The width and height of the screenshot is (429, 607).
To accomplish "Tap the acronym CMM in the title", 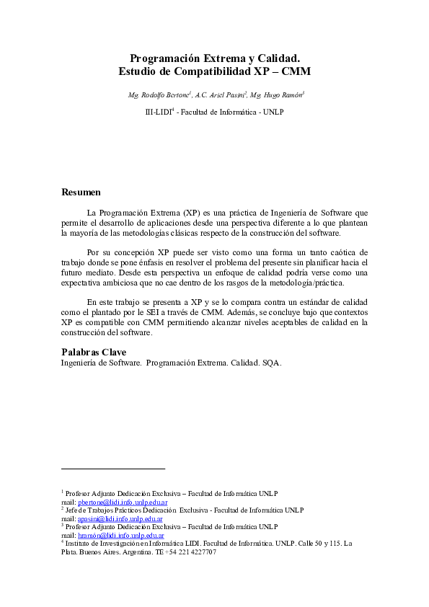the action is [296, 71].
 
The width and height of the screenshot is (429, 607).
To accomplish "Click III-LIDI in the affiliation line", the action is [158, 112].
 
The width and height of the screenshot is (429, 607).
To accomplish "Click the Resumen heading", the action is [81, 192].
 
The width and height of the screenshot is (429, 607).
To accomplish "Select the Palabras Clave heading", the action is [94, 352].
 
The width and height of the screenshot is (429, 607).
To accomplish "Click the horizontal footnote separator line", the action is [113, 469].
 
